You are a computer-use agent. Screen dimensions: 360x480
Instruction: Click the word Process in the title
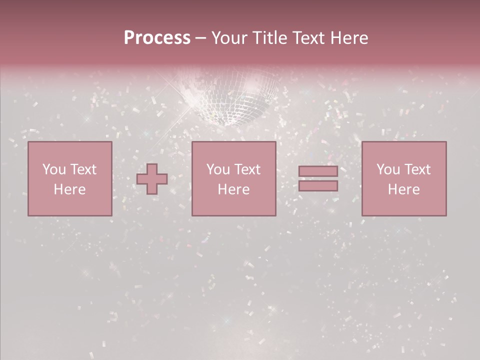(157, 38)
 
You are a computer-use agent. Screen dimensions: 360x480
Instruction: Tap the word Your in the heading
(229, 38)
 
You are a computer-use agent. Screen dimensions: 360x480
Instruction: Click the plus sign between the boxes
(152, 179)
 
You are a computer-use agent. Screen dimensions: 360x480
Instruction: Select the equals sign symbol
(318, 178)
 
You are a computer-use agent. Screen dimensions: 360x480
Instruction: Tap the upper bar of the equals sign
(318, 171)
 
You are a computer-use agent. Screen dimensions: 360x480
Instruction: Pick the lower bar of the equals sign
(318, 186)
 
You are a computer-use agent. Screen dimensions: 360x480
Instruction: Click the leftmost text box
(69, 178)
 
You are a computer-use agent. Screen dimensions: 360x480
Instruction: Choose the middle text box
(233, 178)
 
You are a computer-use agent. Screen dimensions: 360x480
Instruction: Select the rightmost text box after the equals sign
(403, 178)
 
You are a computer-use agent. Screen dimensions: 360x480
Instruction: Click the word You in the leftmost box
(54, 169)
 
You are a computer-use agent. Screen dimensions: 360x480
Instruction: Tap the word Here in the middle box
(233, 189)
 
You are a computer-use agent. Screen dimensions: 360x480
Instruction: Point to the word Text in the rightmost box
(418, 169)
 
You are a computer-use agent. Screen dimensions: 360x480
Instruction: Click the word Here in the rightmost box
(403, 189)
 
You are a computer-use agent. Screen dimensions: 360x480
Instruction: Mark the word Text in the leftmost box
(83, 169)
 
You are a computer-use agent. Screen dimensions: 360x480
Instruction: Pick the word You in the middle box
(218, 169)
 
